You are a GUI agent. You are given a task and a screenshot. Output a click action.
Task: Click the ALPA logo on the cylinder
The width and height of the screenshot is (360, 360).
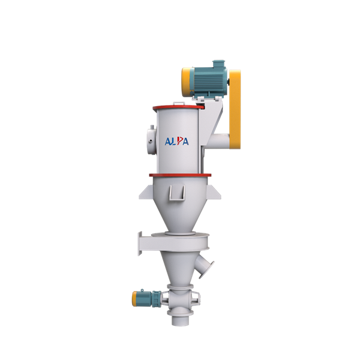click(177, 141)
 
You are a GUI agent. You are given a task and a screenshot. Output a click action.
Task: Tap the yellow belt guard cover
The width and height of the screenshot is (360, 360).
click(235, 109)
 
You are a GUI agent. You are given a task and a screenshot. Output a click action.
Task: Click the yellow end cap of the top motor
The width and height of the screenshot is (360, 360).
click(185, 82)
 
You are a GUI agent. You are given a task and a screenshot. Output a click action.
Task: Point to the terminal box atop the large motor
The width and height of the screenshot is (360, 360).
click(218, 64)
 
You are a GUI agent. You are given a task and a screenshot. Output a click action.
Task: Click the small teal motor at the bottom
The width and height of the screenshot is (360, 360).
click(147, 298)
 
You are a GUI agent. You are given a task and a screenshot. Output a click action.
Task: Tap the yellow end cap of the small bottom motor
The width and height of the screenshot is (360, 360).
click(135, 299)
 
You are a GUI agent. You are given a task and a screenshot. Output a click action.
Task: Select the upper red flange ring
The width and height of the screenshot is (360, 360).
click(179, 107)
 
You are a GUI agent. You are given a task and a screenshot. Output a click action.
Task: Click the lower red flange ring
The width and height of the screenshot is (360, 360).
click(180, 175)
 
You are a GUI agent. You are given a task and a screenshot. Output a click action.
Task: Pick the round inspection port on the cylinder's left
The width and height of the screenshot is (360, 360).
click(151, 141)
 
